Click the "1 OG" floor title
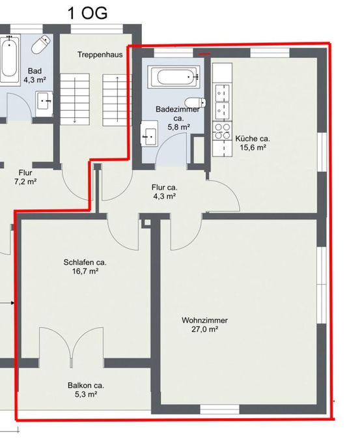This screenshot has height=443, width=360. [x=87, y=13]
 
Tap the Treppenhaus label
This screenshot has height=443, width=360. [x=100, y=55]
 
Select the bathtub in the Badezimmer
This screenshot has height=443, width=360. [x=174, y=76]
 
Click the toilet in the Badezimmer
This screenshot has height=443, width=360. [x=195, y=102]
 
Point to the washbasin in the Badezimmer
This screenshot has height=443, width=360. [x=149, y=134]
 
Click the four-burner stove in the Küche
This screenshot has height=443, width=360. [x=222, y=132]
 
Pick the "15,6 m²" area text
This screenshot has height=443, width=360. [x=253, y=147]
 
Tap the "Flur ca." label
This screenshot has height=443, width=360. [x=164, y=188]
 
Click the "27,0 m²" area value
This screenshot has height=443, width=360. [x=204, y=330]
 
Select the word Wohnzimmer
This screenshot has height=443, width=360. [x=204, y=321]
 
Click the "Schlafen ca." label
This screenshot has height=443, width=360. [x=85, y=263]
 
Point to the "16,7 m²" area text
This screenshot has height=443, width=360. [x=85, y=272]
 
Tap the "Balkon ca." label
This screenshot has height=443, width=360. [x=86, y=386]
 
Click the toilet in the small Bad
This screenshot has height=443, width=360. [x=41, y=44]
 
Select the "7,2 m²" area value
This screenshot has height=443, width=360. [x=25, y=182]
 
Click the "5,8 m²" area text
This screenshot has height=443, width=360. [x=178, y=128]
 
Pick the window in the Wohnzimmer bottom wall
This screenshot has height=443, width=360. [x=219, y=409]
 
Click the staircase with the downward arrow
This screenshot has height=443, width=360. [x=75, y=99]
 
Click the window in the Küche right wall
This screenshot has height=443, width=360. [x=322, y=152]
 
